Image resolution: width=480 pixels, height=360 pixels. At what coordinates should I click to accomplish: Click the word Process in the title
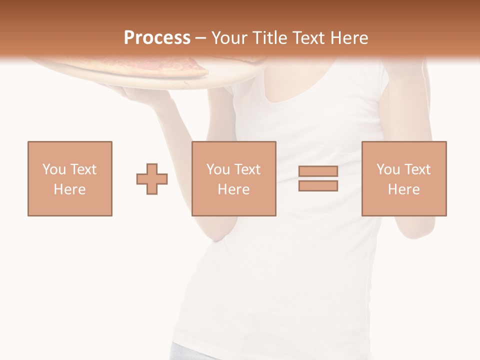tap(157, 37)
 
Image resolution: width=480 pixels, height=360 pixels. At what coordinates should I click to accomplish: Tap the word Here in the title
tap(348, 37)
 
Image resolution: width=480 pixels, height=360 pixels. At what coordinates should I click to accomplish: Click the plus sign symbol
tap(152, 179)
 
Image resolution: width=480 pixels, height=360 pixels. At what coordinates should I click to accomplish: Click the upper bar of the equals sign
tap(318, 171)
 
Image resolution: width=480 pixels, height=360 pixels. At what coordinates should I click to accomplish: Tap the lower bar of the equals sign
tap(318, 186)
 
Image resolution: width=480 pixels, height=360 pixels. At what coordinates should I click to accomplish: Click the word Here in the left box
tap(69, 189)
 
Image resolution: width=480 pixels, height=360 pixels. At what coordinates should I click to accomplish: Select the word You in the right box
tap(388, 169)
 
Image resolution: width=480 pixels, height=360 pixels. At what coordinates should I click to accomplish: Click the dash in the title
tap(201, 37)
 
